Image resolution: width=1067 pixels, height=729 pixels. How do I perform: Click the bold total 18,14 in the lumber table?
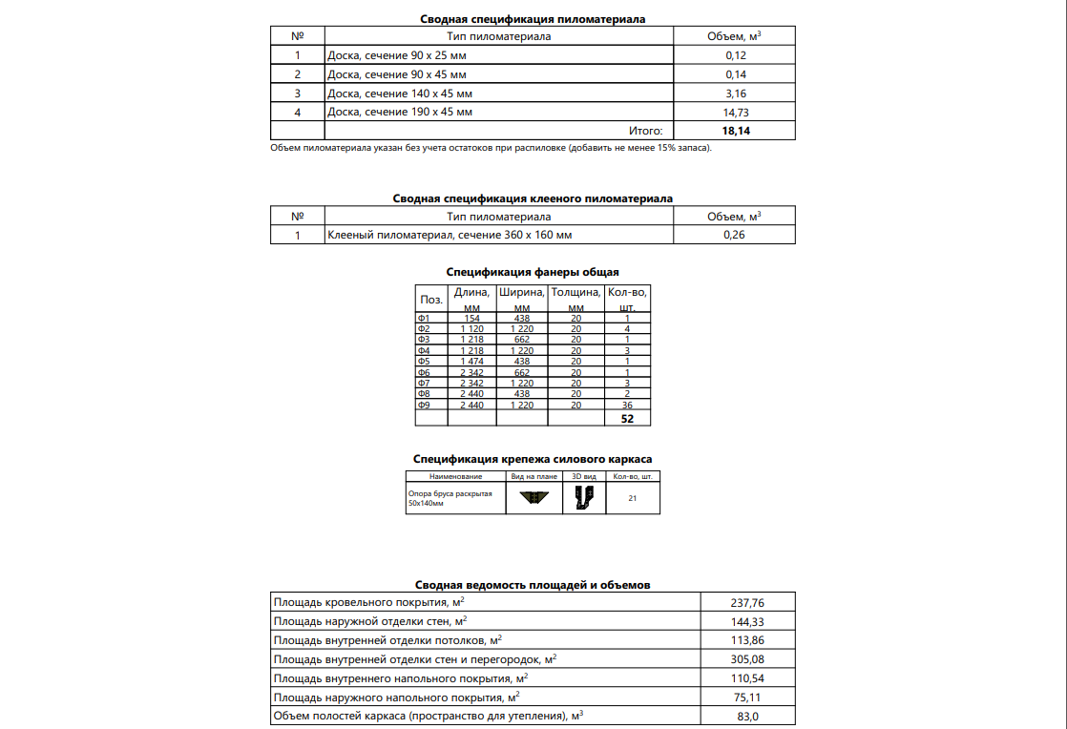(736, 131)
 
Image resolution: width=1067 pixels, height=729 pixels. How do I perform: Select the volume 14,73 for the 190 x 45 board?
(736, 112)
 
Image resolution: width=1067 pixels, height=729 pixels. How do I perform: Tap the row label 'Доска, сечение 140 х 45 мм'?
(400, 94)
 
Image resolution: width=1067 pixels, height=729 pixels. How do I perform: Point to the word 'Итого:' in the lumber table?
(646, 131)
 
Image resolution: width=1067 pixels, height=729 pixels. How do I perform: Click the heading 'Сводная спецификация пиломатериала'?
(533, 18)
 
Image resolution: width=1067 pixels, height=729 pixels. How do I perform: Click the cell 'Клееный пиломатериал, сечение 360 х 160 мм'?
(450, 235)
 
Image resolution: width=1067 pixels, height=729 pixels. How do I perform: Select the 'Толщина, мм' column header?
(575, 299)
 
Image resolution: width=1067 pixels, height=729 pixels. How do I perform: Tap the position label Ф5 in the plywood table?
(425, 362)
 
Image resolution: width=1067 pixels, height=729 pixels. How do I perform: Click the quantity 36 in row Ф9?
(627, 405)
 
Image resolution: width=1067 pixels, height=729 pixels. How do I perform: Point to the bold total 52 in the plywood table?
(627, 418)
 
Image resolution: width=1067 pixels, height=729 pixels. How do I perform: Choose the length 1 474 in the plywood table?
(472, 362)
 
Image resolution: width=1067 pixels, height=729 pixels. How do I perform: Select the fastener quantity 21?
(633, 498)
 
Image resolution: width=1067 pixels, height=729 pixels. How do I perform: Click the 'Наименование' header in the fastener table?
(456, 476)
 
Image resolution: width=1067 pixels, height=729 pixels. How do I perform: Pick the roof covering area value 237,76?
(746, 603)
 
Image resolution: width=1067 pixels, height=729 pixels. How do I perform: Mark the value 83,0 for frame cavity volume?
(746, 717)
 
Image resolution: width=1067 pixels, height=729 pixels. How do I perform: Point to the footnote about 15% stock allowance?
(492, 148)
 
